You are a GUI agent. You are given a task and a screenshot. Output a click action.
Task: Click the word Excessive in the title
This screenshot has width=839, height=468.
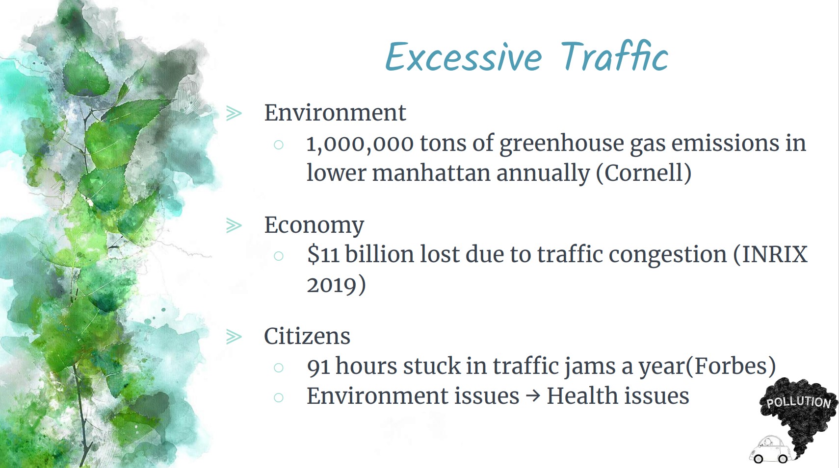[463, 57]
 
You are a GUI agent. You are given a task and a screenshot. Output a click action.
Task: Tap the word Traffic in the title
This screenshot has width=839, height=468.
[614, 56]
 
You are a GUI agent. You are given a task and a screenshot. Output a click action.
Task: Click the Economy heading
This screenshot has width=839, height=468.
[314, 225]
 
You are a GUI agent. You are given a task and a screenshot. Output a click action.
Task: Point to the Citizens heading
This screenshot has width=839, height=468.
[307, 336]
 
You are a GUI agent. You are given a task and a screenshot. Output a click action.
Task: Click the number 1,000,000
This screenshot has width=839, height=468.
[360, 144]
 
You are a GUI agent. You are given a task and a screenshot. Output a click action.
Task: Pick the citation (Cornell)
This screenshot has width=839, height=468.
[644, 173]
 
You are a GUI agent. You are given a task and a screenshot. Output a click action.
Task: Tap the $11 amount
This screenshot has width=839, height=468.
[323, 254]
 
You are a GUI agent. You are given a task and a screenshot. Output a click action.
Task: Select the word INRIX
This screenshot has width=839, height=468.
[775, 254]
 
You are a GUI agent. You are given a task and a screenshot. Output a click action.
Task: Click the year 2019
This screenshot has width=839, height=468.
[331, 285]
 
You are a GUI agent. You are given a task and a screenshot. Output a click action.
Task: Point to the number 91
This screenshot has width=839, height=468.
[318, 366]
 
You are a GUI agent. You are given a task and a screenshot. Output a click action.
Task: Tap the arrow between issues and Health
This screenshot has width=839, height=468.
[533, 396]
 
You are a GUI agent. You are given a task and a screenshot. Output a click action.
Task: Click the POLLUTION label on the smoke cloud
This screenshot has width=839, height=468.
[798, 402]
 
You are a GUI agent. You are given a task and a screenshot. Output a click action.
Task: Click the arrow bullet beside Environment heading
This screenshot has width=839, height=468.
[234, 113]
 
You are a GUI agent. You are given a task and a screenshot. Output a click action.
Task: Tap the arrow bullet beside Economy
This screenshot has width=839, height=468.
[234, 225]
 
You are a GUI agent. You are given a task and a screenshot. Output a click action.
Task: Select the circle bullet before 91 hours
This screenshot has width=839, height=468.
[278, 368]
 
